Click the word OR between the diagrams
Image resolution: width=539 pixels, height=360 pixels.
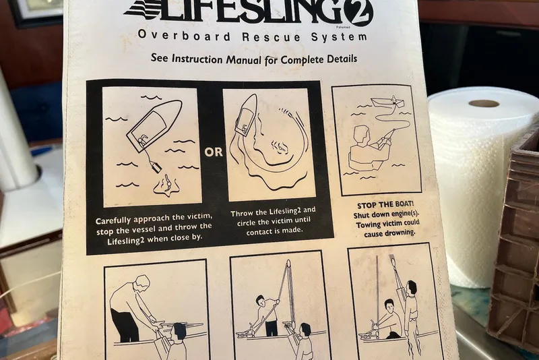pyautogui.click(x=214, y=152)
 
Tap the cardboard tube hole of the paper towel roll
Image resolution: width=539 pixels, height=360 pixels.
pyautogui.click(x=484, y=104)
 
